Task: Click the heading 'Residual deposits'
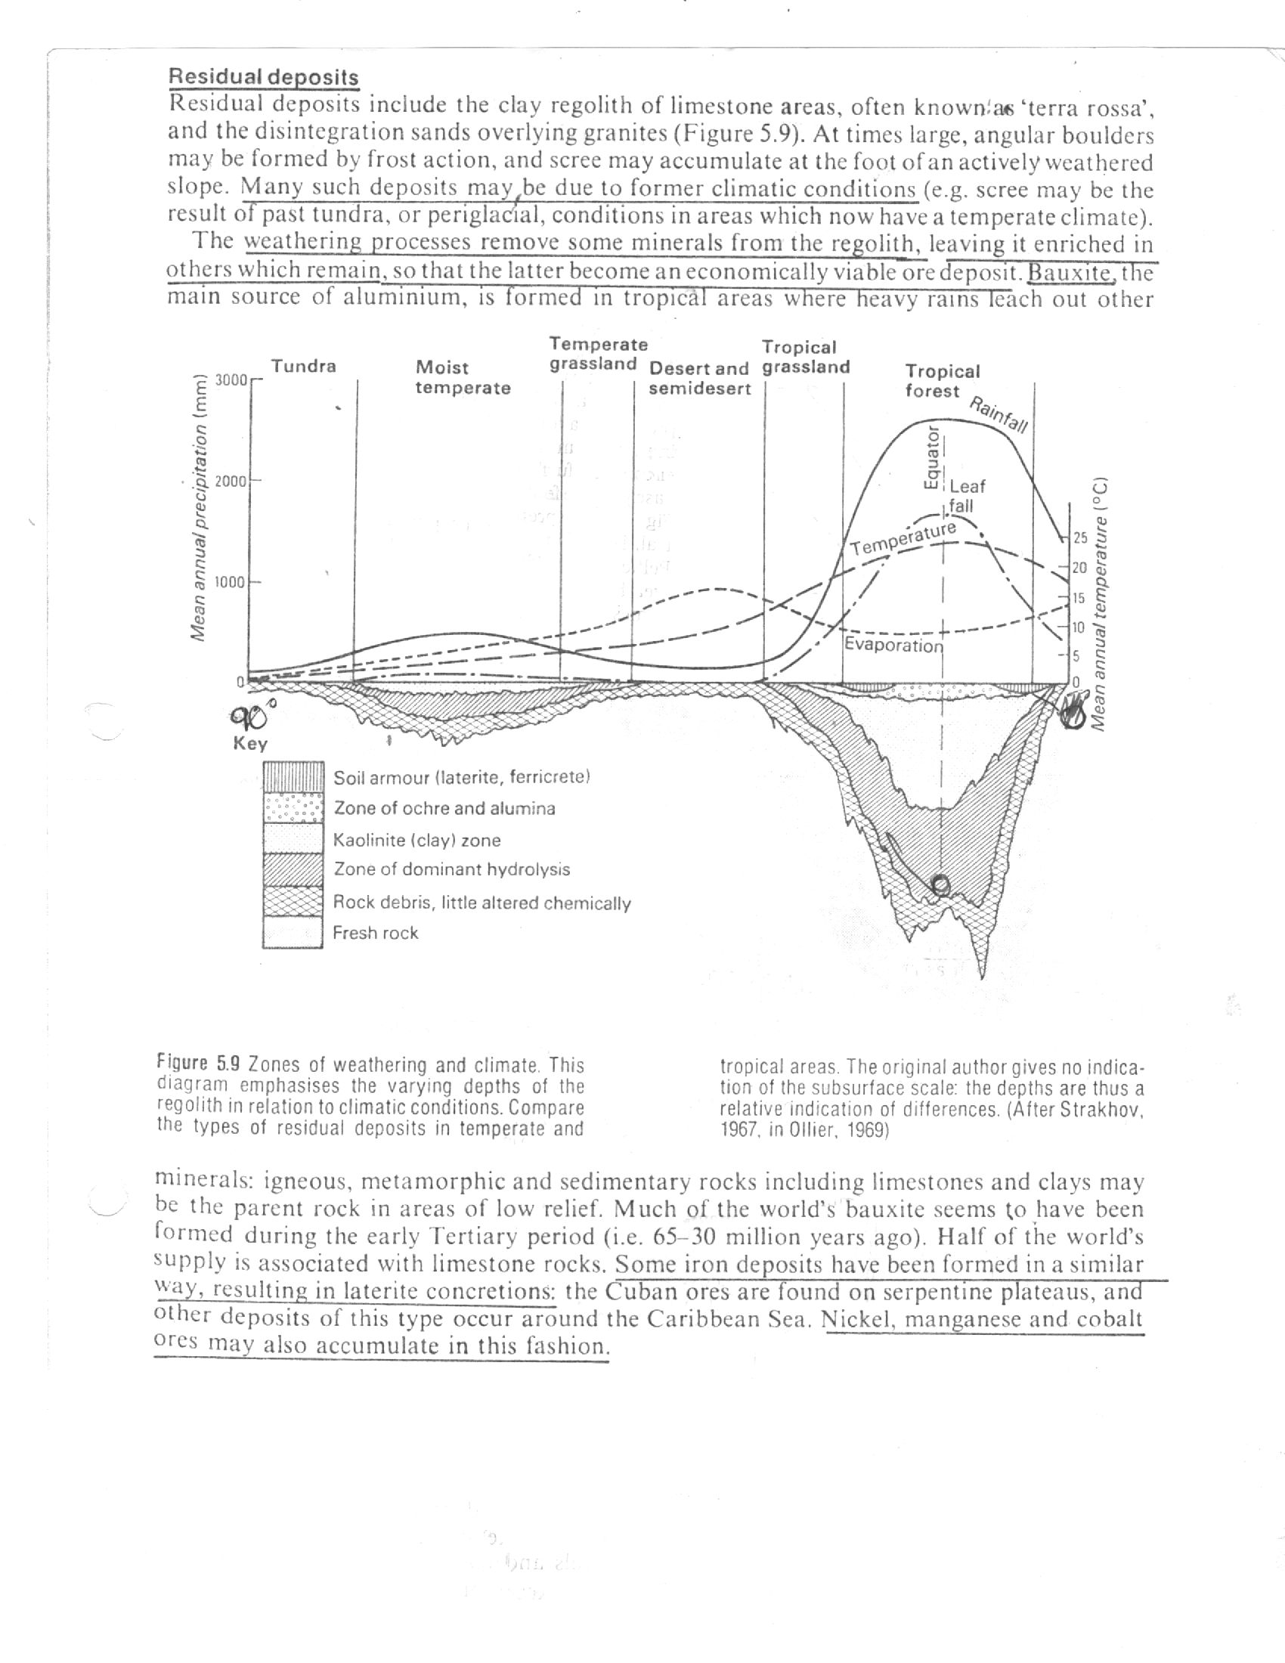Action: pyautogui.click(x=262, y=77)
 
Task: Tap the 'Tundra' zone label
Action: pyautogui.click(x=304, y=367)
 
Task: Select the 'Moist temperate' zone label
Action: pyautogui.click(x=462, y=378)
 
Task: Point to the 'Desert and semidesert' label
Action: pyautogui.click(x=699, y=379)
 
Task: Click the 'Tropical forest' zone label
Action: pyautogui.click(x=942, y=381)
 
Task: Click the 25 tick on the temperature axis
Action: pyautogui.click(x=1079, y=538)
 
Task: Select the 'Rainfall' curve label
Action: pyautogui.click(x=998, y=415)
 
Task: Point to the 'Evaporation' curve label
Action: pyautogui.click(x=893, y=645)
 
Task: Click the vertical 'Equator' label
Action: pyautogui.click(x=930, y=457)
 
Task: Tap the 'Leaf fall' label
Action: pyautogui.click(x=967, y=496)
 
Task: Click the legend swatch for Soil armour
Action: pyautogui.click(x=294, y=776)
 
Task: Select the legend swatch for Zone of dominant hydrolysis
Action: pyautogui.click(x=294, y=869)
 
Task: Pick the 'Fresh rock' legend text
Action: pyautogui.click(x=376, y=933)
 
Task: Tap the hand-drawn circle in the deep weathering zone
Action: pyautogui.click(x=940, y=884)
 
